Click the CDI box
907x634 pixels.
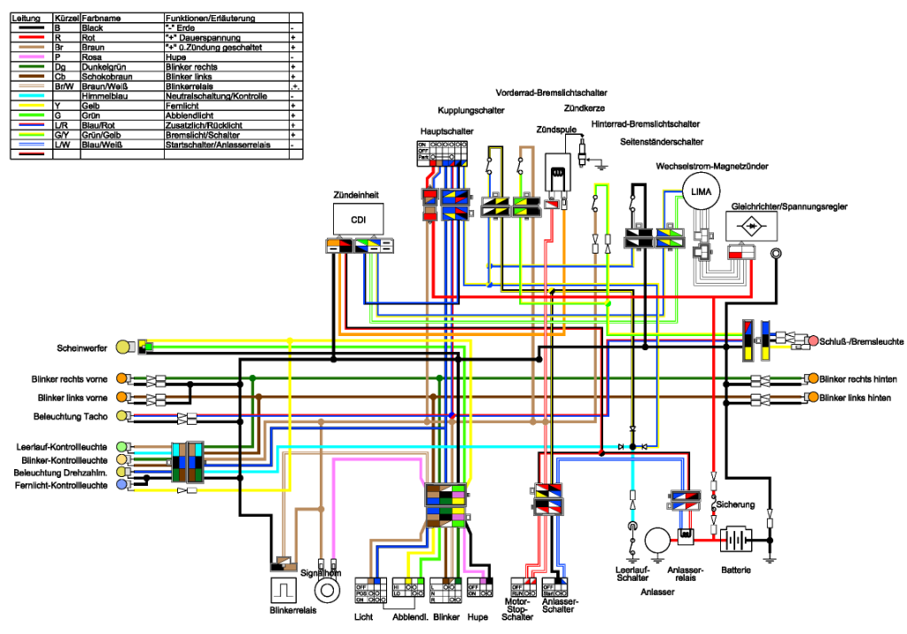tap(358, 220)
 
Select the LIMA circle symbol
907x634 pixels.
tap(701, 192)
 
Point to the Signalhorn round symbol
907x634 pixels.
tap(329, 588)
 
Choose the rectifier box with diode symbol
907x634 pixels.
tap(753, 227)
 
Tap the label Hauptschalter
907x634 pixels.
tap(446, 131)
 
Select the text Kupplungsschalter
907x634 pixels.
tap(470, 111)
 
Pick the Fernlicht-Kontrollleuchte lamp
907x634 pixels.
tap(132, 485)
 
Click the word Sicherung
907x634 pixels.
tap(737, 505)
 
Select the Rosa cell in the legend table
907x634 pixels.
tap(91, 58)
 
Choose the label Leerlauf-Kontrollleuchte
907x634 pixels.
tap(63, 446)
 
